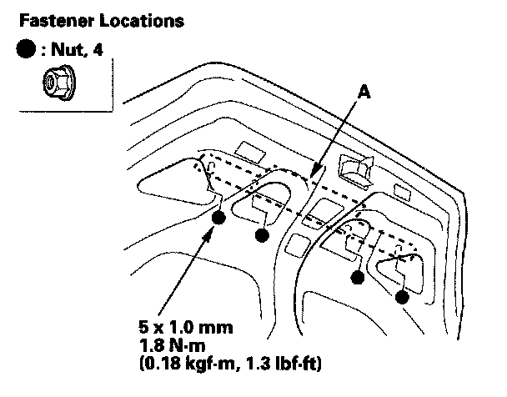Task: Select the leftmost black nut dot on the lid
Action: (x=219, y=219)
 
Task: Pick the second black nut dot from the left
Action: (x=262, y=236)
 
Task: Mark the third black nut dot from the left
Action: (x=359, y=279)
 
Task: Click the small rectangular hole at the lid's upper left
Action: (x=248, y=150)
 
